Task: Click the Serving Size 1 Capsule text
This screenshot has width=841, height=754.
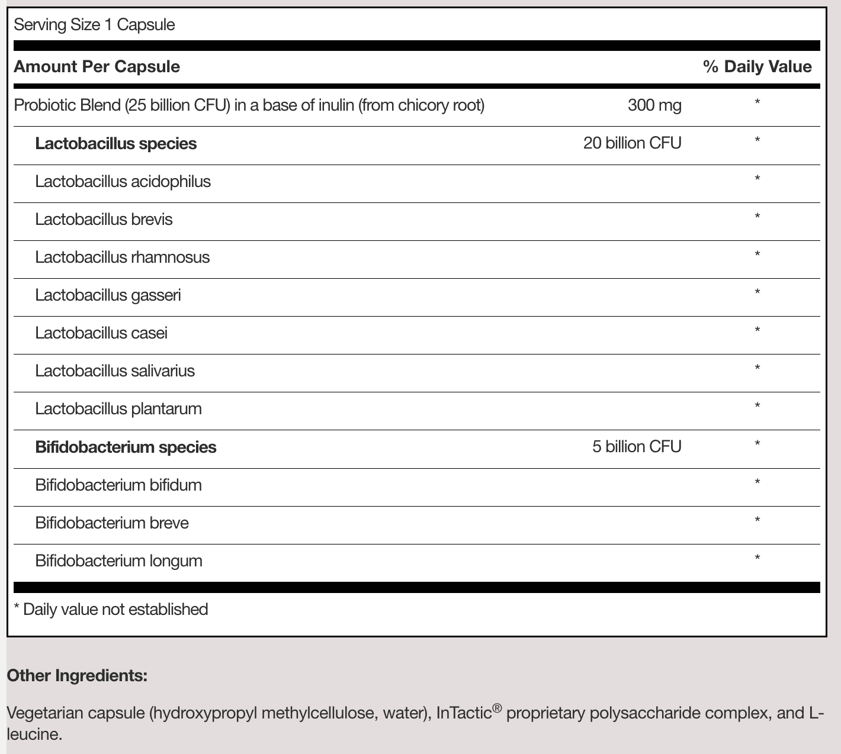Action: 94,25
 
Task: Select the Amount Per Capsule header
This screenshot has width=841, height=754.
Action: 97,66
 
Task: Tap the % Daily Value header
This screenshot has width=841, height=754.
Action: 757,66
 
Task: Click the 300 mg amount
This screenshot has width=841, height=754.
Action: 654,105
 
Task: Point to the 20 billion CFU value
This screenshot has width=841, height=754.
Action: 632,143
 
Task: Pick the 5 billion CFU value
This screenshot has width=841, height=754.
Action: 637,446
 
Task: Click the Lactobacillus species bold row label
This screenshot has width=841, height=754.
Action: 116,143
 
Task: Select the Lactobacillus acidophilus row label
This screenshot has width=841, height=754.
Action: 123,181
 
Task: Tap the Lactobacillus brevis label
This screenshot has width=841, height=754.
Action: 104,219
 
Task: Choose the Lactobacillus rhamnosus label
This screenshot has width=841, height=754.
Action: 122,257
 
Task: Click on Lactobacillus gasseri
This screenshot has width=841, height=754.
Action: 108,295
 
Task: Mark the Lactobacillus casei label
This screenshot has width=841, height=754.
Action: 101,333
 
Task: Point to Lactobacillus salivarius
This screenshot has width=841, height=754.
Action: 115,370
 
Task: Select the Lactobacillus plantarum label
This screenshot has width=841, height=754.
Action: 118,408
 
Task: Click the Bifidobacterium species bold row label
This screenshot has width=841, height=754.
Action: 126,447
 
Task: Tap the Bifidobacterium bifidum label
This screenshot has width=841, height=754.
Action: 118,485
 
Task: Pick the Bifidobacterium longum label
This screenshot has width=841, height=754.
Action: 118,560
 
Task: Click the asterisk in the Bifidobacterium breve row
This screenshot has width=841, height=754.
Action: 757,521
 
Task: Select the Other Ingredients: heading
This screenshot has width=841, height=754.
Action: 77,675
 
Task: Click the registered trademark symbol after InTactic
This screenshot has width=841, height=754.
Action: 497,708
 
